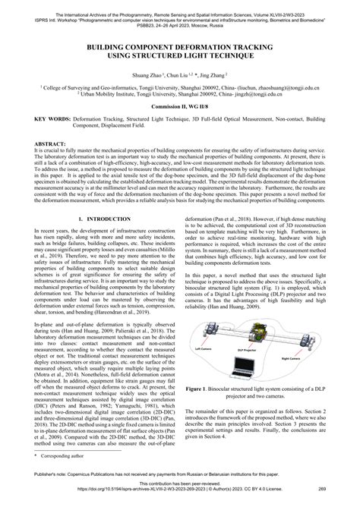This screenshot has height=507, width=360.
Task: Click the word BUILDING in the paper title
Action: click(x=111, y=46)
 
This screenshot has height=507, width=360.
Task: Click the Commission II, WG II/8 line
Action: click(x=180, y=115)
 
